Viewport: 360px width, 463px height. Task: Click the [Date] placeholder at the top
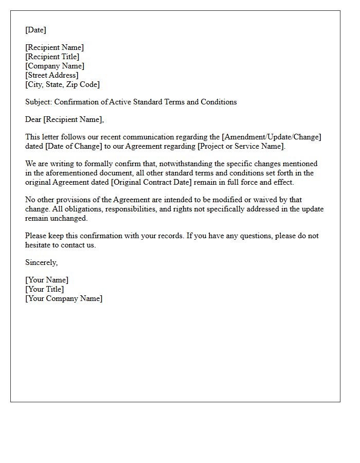[x=35, y=30]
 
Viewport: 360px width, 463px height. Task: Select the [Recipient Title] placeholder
[x=52, y=57]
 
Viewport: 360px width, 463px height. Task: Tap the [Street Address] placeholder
[x=52, y=75]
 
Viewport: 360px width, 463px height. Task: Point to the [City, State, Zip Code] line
[x=62, y=84]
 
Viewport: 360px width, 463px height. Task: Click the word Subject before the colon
[x=38, y=102]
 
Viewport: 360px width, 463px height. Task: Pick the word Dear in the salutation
[x=33, y=119]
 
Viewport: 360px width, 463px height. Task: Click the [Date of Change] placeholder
[x=77, y=146]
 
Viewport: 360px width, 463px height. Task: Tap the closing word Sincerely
[x=41, y=262]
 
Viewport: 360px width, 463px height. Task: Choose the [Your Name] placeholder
[x=47, y=280]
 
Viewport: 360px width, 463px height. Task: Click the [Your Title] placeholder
[x=45, y=289]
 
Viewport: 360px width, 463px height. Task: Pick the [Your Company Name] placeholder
[x=64, y=298]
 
